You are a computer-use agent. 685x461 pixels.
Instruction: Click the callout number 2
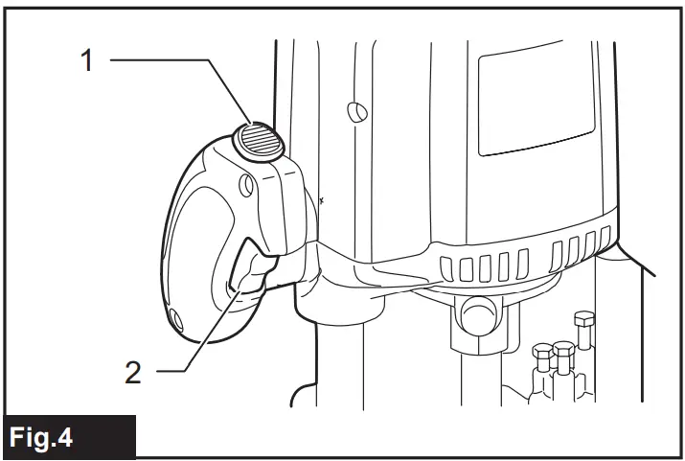132,371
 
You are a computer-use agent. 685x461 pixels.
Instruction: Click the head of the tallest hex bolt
581,319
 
